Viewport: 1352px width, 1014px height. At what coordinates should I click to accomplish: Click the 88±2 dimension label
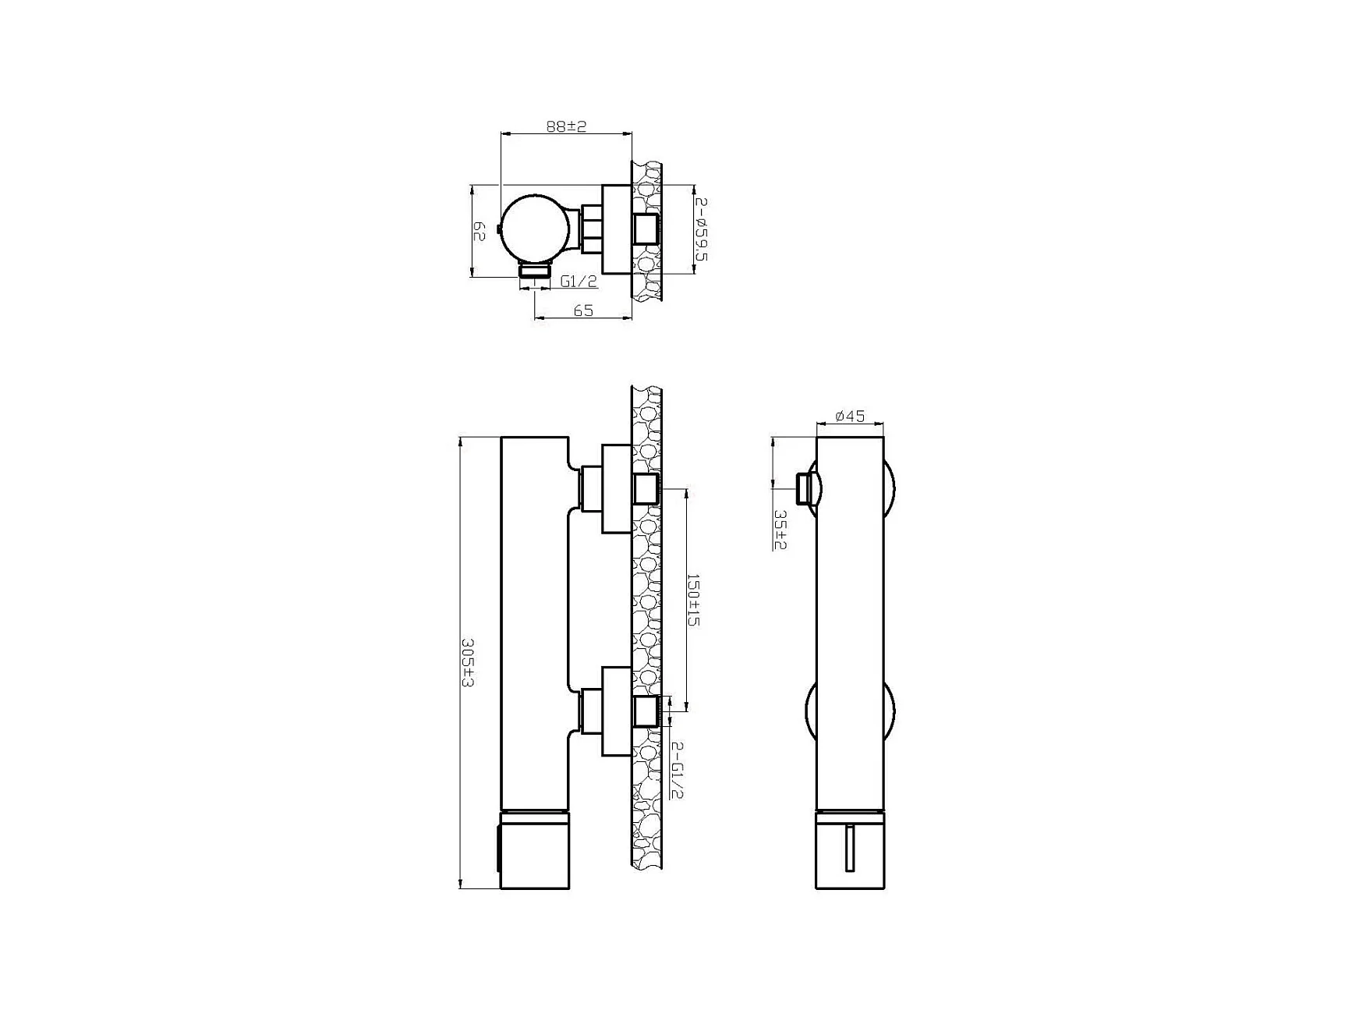(x=566, y=126)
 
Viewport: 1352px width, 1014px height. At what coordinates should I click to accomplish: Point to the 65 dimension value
(x=583, y=310)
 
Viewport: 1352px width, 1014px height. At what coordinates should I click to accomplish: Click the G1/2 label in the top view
(x=579, y=281)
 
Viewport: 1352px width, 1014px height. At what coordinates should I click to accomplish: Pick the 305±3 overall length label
(x=468, y=663)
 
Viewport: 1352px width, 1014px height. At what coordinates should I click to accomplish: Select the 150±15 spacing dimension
(x=692, y=599)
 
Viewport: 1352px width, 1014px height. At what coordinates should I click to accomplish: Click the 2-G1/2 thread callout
(x=677, y=770)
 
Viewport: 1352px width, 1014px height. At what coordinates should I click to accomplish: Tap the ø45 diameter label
(x=850, y=417)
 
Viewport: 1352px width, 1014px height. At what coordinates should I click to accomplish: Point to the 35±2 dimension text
(x=780, y=529)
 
